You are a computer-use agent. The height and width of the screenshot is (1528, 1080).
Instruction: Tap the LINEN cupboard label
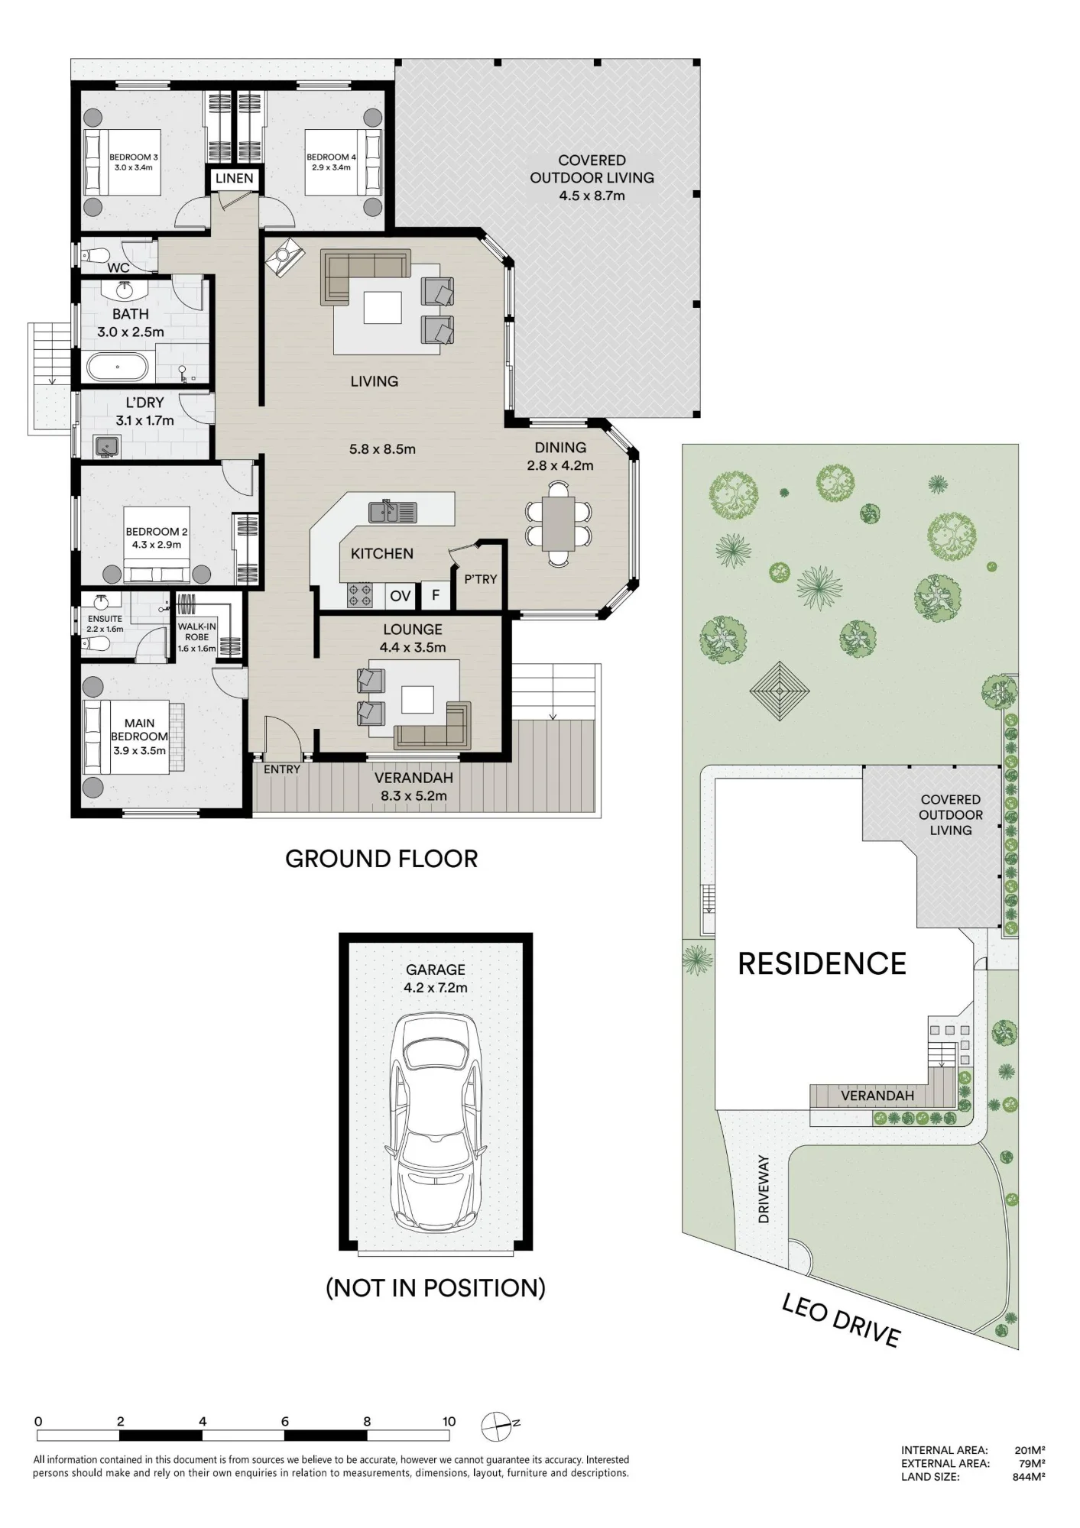tap(234, 178)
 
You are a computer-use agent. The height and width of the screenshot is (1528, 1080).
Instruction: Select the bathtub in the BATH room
tap(117, 367)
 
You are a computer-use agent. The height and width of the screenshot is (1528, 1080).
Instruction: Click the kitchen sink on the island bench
tap(393, 511)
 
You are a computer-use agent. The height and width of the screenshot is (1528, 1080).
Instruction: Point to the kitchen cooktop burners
tap(360, 594)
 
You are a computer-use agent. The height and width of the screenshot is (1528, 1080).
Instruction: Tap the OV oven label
tap(400, 596)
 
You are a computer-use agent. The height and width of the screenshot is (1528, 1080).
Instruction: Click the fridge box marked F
tap(436, 594)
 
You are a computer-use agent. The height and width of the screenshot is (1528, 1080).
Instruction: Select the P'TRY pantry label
tap(481, 579)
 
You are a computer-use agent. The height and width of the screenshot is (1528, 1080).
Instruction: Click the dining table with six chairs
tap(559, 524)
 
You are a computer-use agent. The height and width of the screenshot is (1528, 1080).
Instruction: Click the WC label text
tap(118, 268)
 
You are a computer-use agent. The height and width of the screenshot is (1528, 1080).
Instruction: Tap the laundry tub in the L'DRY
tap(107, 445)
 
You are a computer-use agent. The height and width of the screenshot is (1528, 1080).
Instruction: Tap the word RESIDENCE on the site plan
tap(822, 964)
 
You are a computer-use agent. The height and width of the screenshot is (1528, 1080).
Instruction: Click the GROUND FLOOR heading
tap(381, 859)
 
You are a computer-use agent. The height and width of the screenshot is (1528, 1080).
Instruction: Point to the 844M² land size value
tap(1029, 1477)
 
